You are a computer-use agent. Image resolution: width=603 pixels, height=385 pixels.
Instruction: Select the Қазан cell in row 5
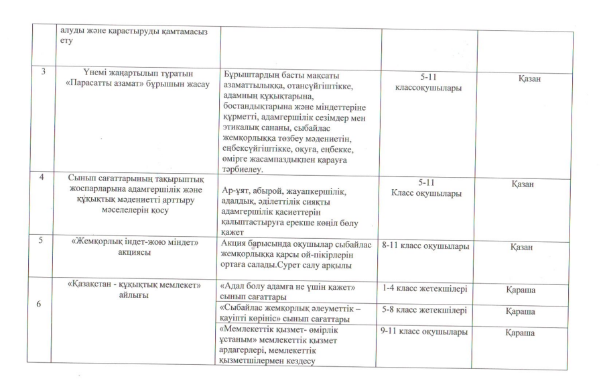pyautogui.click(x=525, y=248)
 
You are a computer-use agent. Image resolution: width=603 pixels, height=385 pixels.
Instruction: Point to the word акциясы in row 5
pyautogui.click(x=135, y=253)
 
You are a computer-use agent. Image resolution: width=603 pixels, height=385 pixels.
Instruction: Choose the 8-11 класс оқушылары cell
pyautogui.click(x=425, y=246)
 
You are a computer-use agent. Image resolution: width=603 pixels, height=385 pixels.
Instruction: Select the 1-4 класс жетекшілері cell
pyautogui.click(x=425, y=289)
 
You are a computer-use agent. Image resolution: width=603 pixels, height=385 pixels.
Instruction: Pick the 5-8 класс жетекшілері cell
pyautogui.click(x=425, y=311)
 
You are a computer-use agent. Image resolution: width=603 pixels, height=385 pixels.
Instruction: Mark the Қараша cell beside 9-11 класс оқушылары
pyautogui.click(x=525, y=333)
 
